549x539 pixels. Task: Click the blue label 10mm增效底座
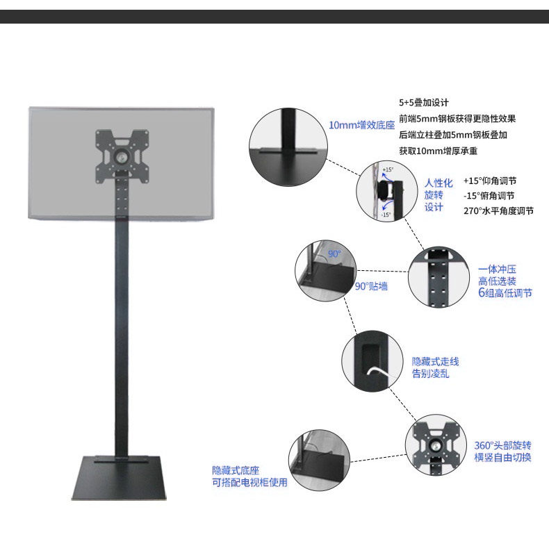361,126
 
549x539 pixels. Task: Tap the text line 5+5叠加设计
424,101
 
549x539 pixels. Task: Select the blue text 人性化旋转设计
439,194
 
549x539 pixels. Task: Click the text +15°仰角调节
490,180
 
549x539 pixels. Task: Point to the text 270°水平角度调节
498,210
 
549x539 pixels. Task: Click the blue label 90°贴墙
372,285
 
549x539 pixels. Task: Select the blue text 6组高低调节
505,293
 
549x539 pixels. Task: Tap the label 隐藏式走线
436,362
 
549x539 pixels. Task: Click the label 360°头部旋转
503,445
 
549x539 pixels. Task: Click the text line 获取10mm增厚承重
438,150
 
